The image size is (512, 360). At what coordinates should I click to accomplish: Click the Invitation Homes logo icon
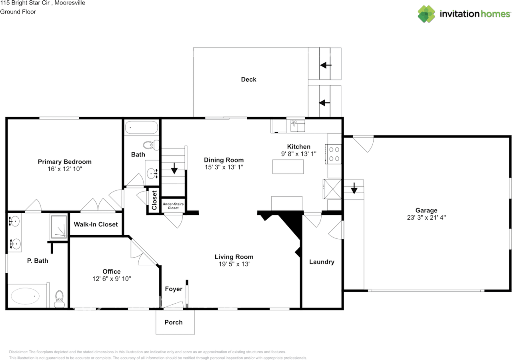tap(426, 14)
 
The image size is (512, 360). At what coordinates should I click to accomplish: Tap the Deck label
tap(248, 79)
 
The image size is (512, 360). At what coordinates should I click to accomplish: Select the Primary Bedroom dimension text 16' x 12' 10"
tap(64, 169)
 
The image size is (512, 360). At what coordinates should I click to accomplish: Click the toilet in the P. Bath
tap(60, 298)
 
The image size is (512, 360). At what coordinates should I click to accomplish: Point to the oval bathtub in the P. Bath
tap(26, 296)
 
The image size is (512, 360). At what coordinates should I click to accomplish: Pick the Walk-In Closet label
tap(96, 224)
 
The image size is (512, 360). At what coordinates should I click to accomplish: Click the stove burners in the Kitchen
tap(334, 154)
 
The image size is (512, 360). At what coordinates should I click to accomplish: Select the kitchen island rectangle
tap(288, 166)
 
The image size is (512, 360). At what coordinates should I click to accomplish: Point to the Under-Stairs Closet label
tap(173, 206)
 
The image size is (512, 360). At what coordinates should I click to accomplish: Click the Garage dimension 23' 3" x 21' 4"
tap(426, 218)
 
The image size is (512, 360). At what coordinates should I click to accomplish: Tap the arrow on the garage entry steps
tap(354, 188)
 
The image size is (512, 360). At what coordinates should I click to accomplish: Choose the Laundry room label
tap(322, 262)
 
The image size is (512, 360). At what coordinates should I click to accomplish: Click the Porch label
tap(174, 322)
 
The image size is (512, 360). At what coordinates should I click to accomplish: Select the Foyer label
tap(174, 289)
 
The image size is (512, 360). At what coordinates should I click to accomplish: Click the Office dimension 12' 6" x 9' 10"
tap(111, 279)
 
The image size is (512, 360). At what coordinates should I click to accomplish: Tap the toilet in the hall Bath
tap(149, 145)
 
